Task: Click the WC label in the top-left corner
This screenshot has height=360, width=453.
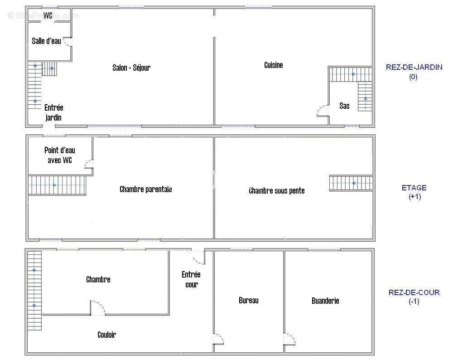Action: [48, 15]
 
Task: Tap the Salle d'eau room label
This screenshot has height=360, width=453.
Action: [47, 41]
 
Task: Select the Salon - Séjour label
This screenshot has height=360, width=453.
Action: [131, 68]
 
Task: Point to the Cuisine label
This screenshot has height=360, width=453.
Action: [273, 65]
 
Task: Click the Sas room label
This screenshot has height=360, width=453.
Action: [344, 106]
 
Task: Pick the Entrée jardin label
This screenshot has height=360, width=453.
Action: [54, 112]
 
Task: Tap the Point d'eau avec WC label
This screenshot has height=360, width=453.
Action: [60, 155]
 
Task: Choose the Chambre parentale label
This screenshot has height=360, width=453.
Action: [146, 189]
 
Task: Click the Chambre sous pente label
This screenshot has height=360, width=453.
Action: [277, 190]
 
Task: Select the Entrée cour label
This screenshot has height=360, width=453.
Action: [191, 279]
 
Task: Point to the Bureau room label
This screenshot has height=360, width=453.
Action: [248, 301]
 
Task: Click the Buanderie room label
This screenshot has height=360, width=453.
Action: [325, 301]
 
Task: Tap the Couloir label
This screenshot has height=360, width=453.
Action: [106, 335]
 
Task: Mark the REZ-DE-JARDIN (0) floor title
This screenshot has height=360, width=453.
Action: [414, 72]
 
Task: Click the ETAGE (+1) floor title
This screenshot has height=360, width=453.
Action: [414, 192]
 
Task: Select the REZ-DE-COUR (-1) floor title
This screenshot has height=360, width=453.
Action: [414, 297]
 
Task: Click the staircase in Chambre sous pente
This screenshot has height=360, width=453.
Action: [351, 183]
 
